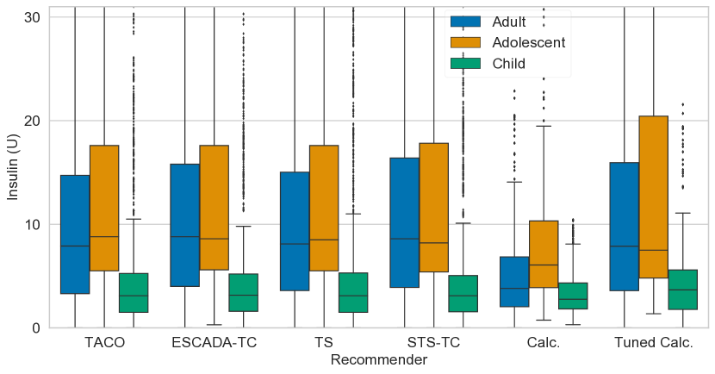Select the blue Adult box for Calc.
(x=514, y=282)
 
